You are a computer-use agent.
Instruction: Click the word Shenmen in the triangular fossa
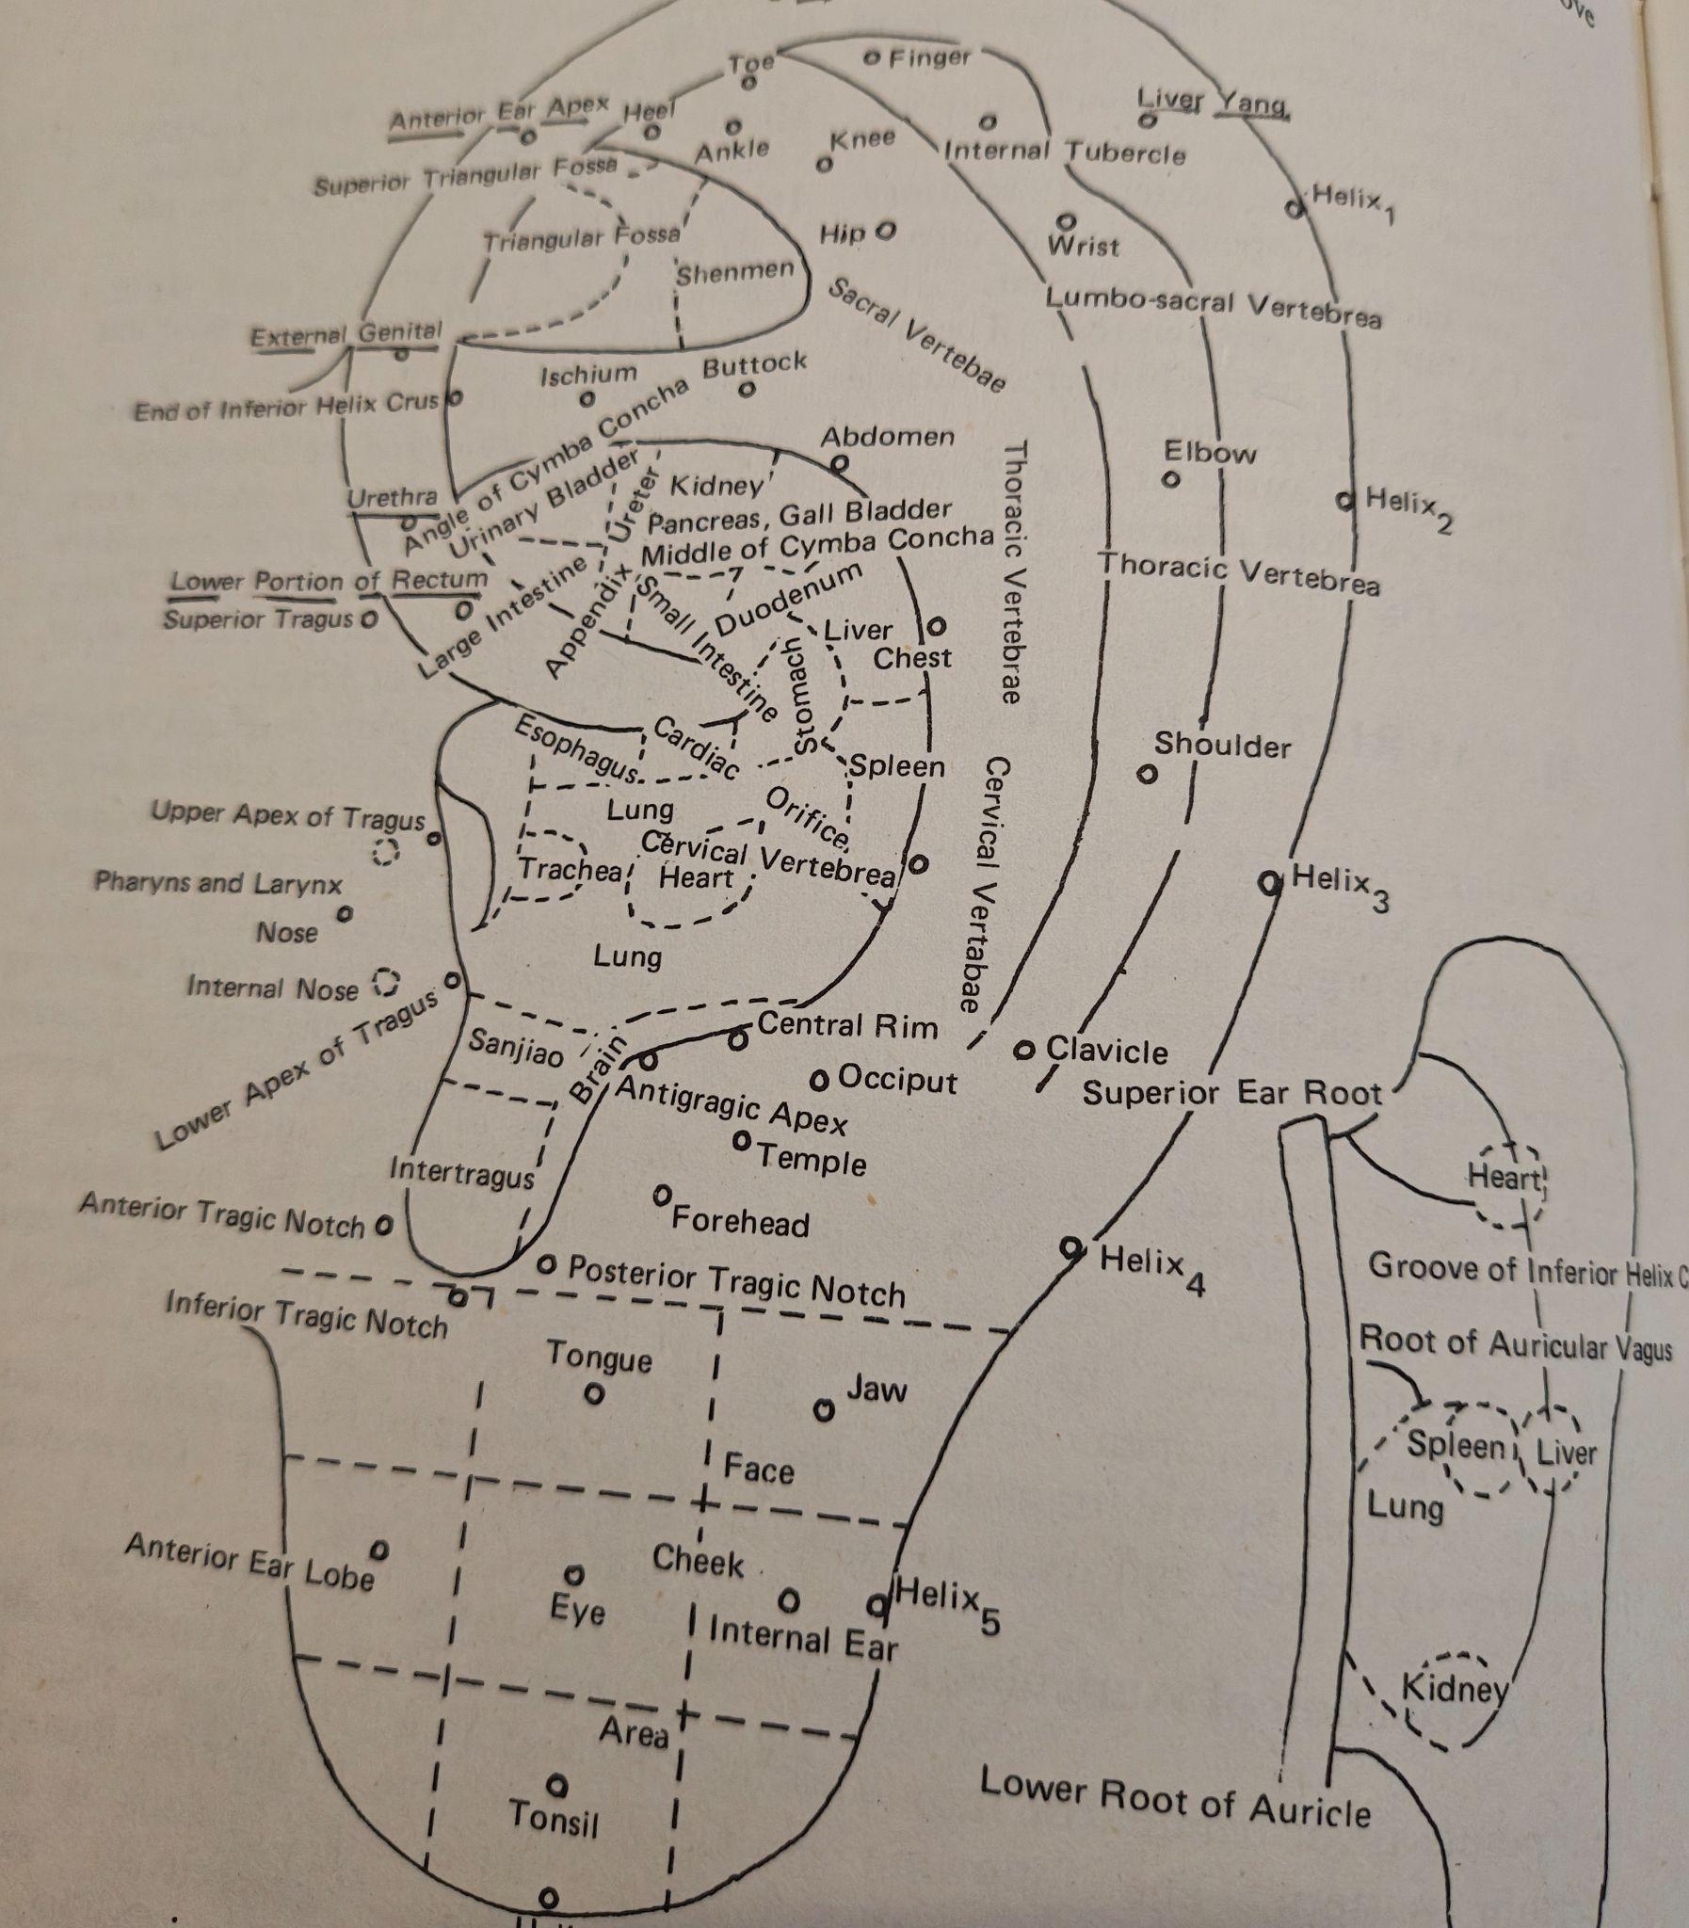point(735,272)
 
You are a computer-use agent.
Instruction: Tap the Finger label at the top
point(929,58)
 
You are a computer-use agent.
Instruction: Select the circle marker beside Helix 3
point(1270,883)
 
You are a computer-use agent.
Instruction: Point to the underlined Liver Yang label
point(1212,101)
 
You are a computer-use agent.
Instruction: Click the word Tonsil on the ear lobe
point(554,1816)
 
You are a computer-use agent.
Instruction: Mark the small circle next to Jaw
point(824,1410)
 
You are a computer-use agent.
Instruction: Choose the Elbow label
point(1209,453)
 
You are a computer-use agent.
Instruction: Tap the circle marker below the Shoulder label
point(1146,775)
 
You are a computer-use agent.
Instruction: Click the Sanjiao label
point(516,1046)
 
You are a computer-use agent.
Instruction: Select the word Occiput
point(897,1080)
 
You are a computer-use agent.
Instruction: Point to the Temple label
point(812,1158)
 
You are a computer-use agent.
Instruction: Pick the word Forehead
point(740,1222)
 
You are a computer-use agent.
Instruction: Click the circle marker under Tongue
point(594,1392)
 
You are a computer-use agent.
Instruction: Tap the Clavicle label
point(1106,1051)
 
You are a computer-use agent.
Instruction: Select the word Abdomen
point(887,436)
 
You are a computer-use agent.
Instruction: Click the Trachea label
point(571,869)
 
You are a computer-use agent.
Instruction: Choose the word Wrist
point(1083,247)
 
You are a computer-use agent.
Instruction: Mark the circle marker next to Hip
point(885,231)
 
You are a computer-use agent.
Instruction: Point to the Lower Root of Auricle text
point(1174,1798)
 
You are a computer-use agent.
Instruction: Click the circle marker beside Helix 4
point(1070,1248)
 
